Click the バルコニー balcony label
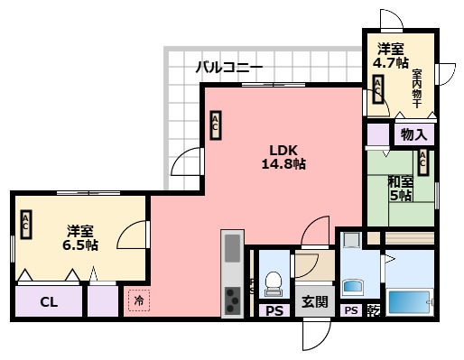coord(229,68)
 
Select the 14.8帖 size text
coord(283,165)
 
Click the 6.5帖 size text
coord(81,245)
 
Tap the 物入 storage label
coord(413,135)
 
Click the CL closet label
coord(49,301)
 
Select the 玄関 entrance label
coord(315,301)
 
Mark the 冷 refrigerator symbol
coord(139,300)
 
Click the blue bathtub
coord(410,300)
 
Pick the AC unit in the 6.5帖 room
coord(27,225)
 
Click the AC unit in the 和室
coord(422,162)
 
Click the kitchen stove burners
coord(232,299)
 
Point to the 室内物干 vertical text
coord(417,86)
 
